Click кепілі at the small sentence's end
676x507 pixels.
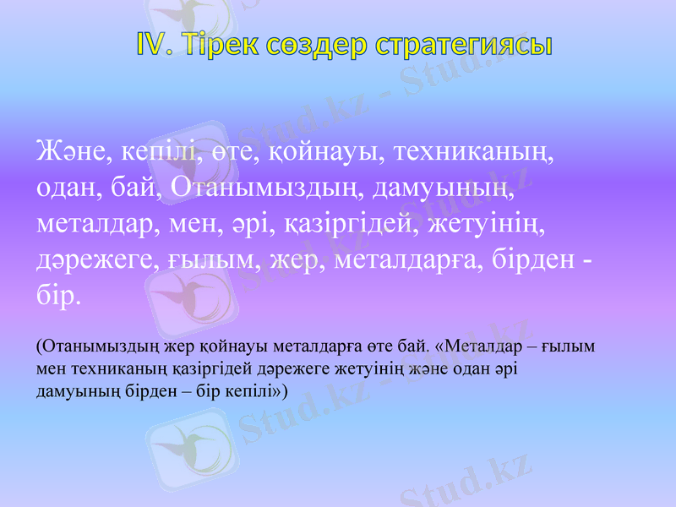254,392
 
